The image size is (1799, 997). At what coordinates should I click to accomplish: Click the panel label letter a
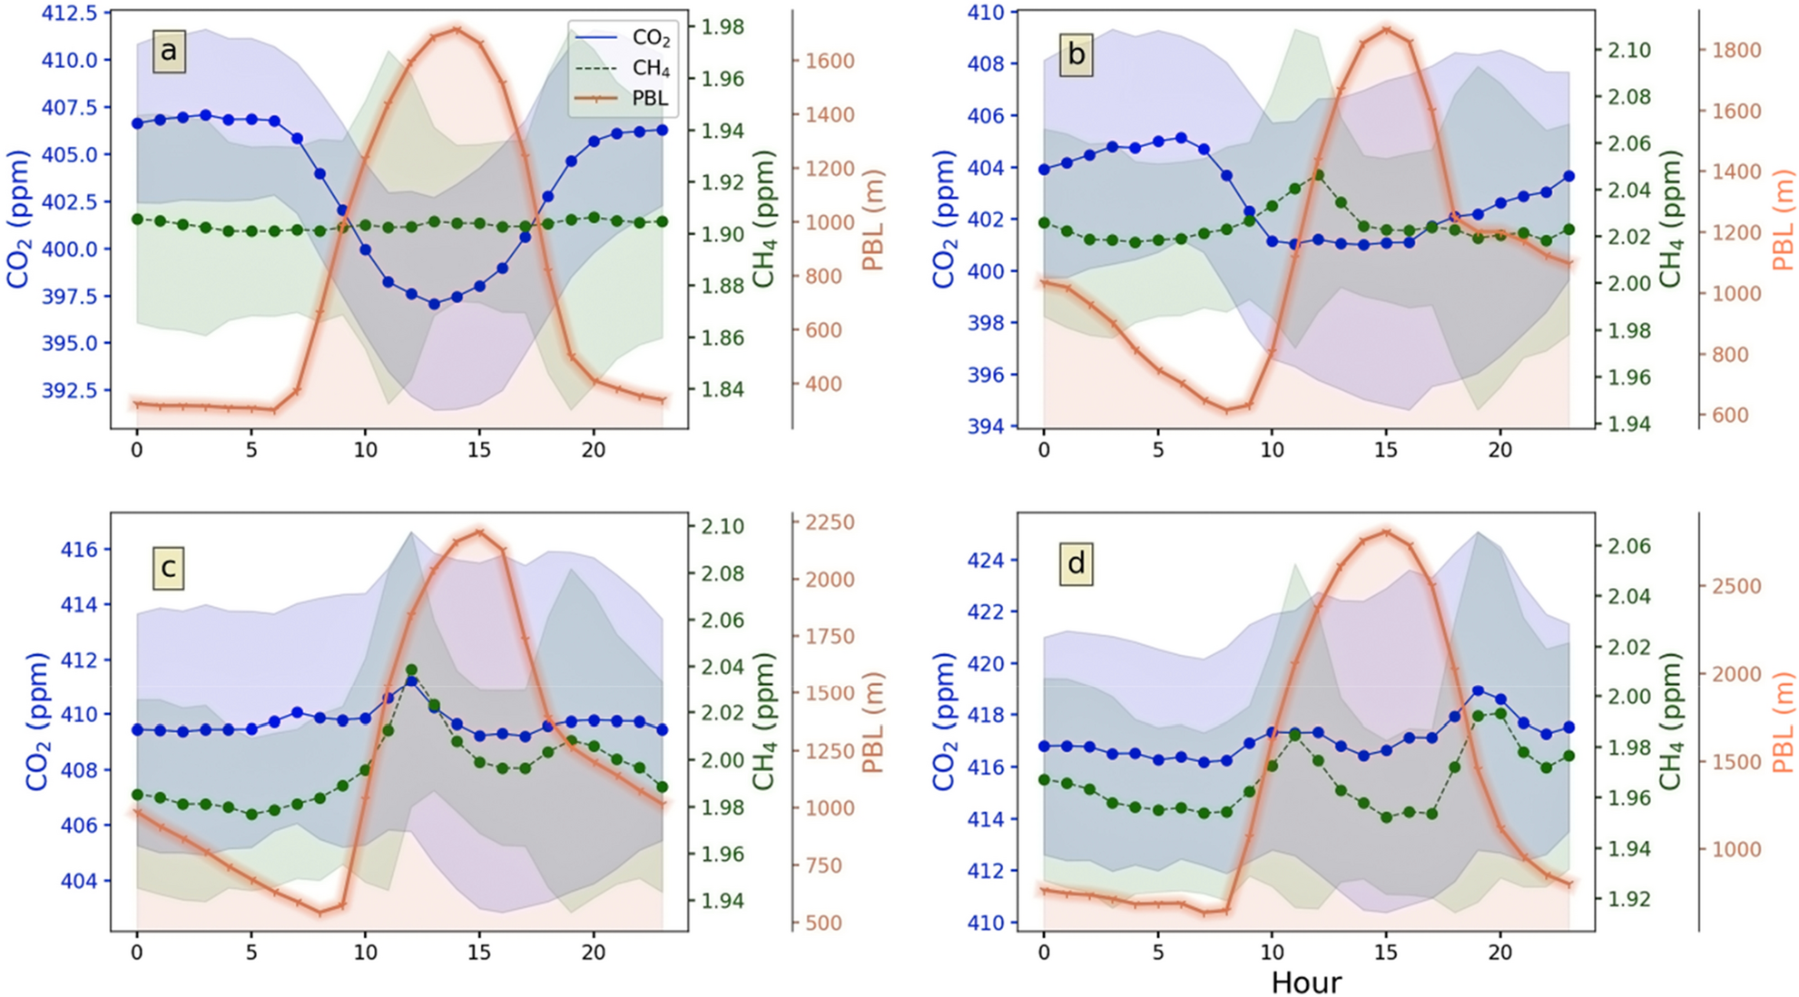[169, 52]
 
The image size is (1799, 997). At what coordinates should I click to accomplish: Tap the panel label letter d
[1076, 563]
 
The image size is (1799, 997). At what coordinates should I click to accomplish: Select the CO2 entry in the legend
[650, 38]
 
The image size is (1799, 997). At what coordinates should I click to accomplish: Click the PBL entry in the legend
[650, 99]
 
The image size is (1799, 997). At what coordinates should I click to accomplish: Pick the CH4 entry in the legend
[650, 69]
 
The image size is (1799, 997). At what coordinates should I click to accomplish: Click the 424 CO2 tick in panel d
[986, 560]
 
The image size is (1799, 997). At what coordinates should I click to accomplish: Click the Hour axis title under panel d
[1305, 982]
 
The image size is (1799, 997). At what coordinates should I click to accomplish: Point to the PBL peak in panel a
[457, 30]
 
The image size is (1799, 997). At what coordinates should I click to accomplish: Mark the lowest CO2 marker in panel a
[434, 304]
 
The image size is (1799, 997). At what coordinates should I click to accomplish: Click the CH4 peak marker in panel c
[411, 670]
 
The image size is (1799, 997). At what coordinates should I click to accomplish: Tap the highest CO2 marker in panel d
[1478, 691]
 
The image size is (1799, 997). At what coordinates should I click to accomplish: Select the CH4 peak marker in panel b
[1318, 175]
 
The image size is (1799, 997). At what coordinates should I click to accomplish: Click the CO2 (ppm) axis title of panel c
[36, 721]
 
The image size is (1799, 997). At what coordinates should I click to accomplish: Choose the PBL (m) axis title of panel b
[1783, 220]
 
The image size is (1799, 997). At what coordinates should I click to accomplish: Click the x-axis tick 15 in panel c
[479, 953]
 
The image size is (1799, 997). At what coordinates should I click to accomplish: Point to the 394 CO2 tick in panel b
[986, 426]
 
